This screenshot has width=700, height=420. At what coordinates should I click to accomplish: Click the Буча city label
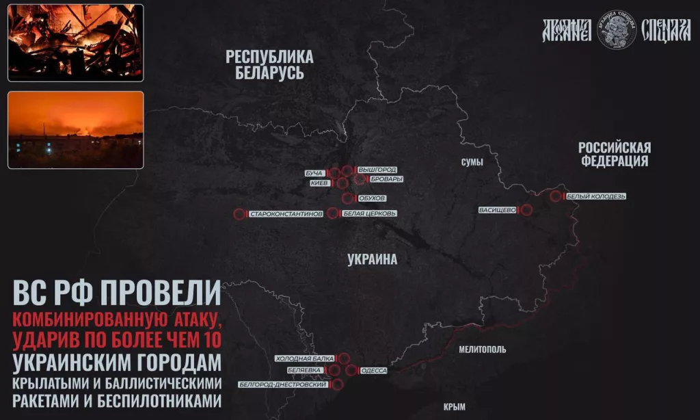(314, 173)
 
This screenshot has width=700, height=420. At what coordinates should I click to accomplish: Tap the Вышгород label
(377, 170)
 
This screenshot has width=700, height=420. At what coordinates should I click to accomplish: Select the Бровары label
(386, 179)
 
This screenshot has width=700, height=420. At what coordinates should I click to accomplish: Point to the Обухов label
(373, 198)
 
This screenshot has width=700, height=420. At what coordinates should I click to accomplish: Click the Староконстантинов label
(286, 214)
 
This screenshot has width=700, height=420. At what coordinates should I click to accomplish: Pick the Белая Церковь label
(369, 213)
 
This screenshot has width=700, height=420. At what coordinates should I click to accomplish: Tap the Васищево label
(498, 210)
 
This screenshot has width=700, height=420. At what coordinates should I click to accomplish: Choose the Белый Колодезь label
(596, 196)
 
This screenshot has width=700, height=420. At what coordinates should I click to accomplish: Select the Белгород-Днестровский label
(282, 384)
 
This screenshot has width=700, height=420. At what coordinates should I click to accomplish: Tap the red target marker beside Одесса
(351, 370)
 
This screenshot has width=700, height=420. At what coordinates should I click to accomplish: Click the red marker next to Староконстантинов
(239, 214)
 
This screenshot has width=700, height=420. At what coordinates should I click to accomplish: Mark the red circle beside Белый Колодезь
(555, 196)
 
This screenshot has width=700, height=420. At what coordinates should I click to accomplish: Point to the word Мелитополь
(483, 349)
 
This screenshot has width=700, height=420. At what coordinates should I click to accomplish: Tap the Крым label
(455, 406)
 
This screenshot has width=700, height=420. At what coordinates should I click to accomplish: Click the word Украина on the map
(372, 259)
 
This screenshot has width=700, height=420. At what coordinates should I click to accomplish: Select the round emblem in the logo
(617, 29)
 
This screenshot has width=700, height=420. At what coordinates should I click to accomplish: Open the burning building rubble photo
(75, 42)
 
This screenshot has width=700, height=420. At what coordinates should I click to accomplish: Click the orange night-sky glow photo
(75, 129)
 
